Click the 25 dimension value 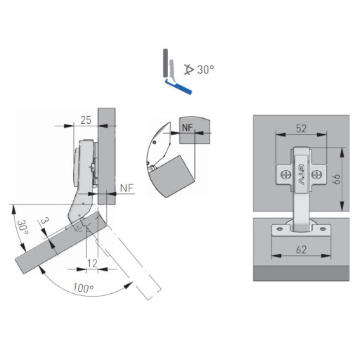[86, 120]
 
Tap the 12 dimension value [92, 264]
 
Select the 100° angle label [84, 288]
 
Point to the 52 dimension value [301, 129]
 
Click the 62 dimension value [301, 250]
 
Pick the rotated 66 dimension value [337, 179]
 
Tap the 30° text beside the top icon [205, 70]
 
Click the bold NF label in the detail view [187, 128]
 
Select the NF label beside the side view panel [127, 188]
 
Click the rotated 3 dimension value [44, 221]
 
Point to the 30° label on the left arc [22, 227]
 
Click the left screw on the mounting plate [285, 174]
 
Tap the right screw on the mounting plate [316, 174]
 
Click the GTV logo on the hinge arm [301, 174]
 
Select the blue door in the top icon [179, 86]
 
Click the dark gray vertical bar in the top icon [165, 63]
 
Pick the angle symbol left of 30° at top [189, 70]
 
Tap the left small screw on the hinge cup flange [279, 229]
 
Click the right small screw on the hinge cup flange [323, 228]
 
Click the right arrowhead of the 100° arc [129, 285]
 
